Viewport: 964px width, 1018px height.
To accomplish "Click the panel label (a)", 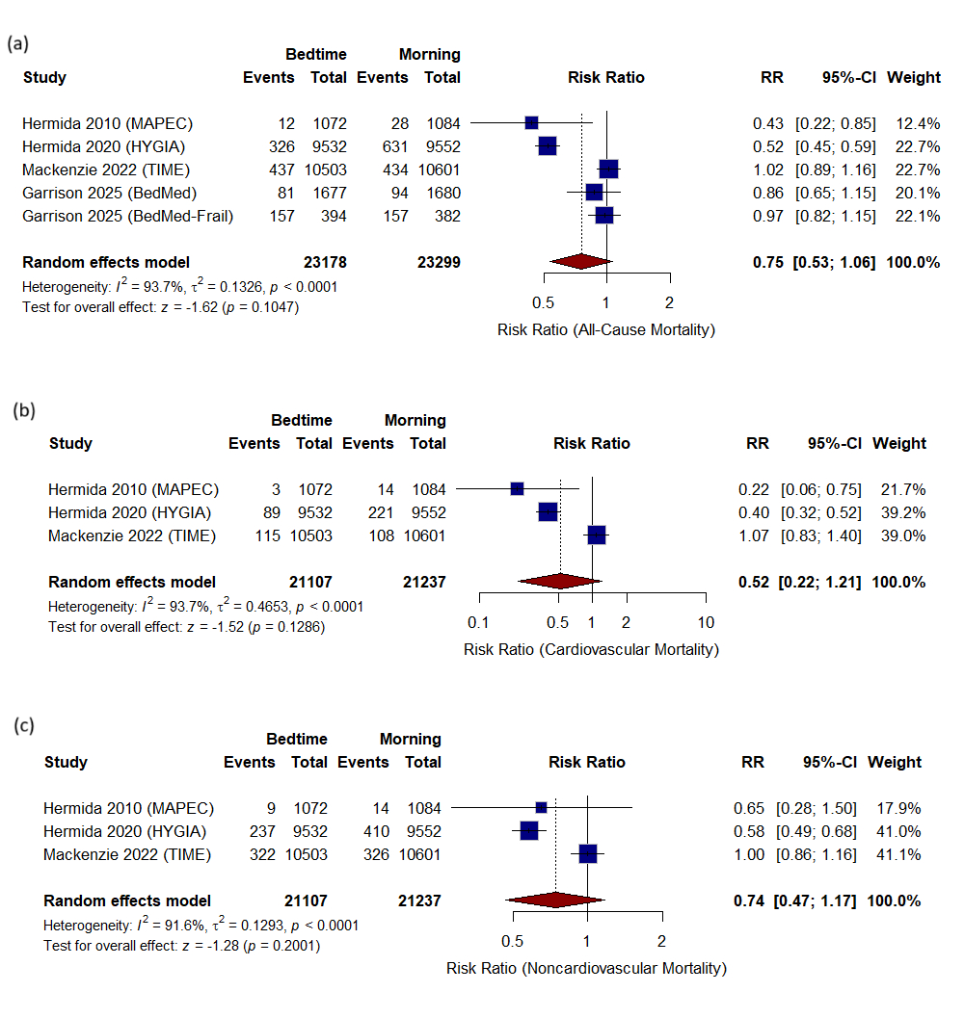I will (17, 44).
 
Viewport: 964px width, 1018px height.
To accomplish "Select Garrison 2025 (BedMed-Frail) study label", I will (128, 216).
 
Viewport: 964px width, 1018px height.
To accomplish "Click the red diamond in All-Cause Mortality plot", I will (580, 262).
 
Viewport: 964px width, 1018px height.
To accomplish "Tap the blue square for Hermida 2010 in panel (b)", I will (517, 489).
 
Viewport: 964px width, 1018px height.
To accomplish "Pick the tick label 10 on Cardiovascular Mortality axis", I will (706, 622).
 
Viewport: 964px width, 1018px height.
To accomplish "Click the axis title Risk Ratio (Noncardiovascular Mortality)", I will (586, 968).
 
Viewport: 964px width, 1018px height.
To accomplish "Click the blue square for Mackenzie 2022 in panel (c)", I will (587, 853).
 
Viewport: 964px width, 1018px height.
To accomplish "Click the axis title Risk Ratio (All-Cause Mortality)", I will (606, 330).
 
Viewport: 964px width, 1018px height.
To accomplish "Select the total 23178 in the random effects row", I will (324, 262).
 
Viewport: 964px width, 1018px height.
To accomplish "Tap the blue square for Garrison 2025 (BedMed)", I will (594, 193).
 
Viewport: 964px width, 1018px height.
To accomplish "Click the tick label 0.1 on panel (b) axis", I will (478, 622).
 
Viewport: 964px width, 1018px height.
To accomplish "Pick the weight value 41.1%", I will (898, 854).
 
